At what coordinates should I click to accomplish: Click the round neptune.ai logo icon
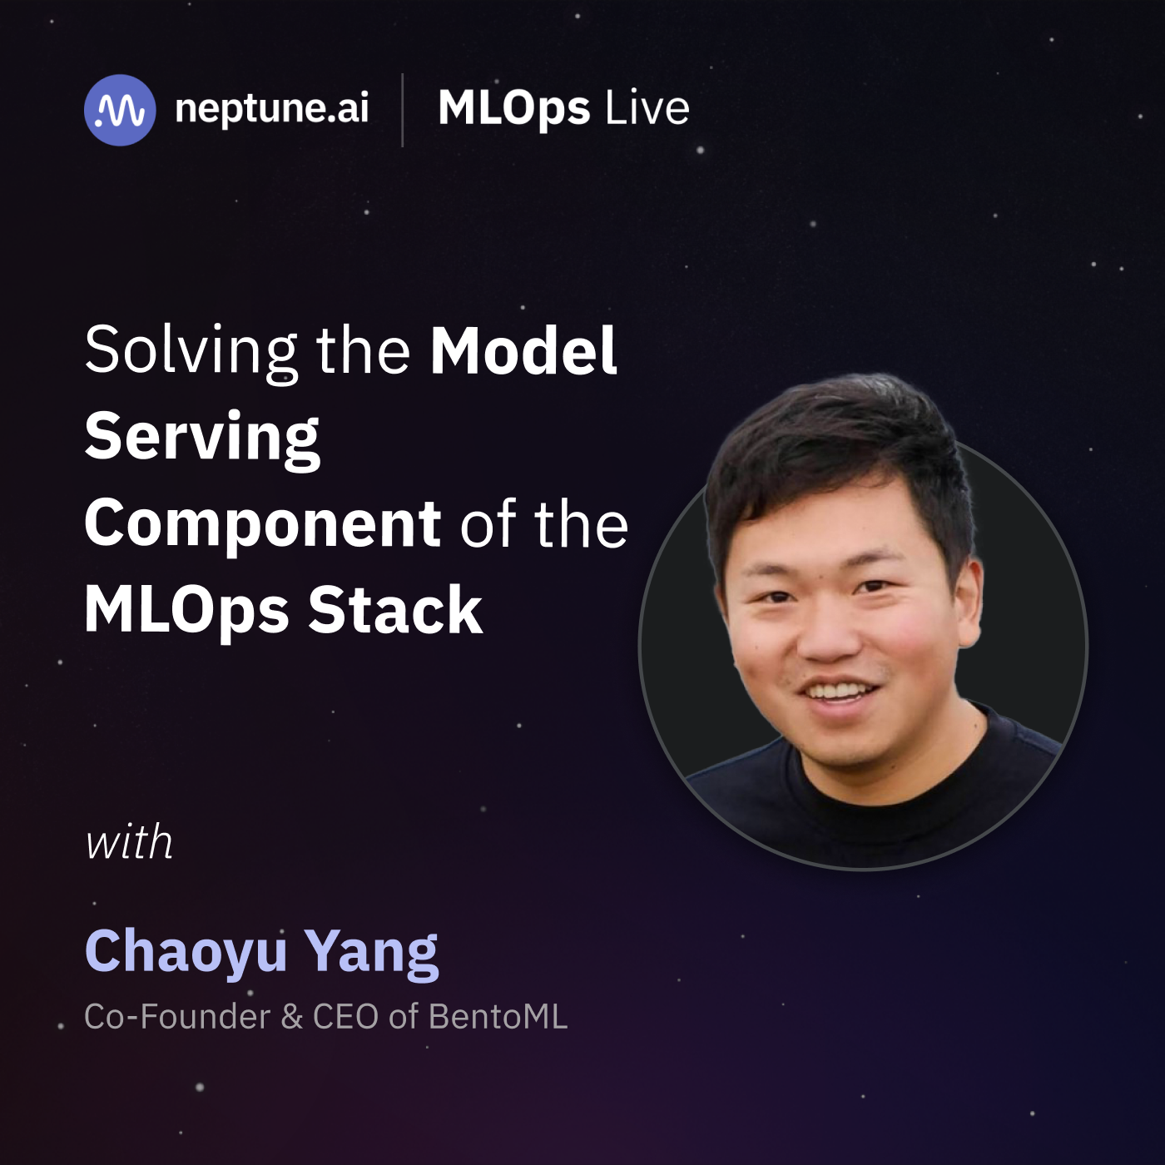pyautogui.click(x=120, y=110)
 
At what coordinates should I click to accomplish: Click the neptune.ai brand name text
pyautogui.click(x=271, y=109)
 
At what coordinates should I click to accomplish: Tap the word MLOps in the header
pyautogui.click(x=514, y=110)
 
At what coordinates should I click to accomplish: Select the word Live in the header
pyautogui.click(x=647, y=109)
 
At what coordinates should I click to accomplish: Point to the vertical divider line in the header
pyautogui.click(x=403, y=110)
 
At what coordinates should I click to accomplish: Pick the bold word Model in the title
pyautogui.click(x=523, y=350)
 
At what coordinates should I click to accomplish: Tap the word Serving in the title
pyautogui.click(x=202, y=440)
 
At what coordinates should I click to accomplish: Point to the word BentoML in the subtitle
pyautogui.click(x=498, y=1017)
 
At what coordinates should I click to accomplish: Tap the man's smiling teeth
pyautogui.click(x=842, y=692)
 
